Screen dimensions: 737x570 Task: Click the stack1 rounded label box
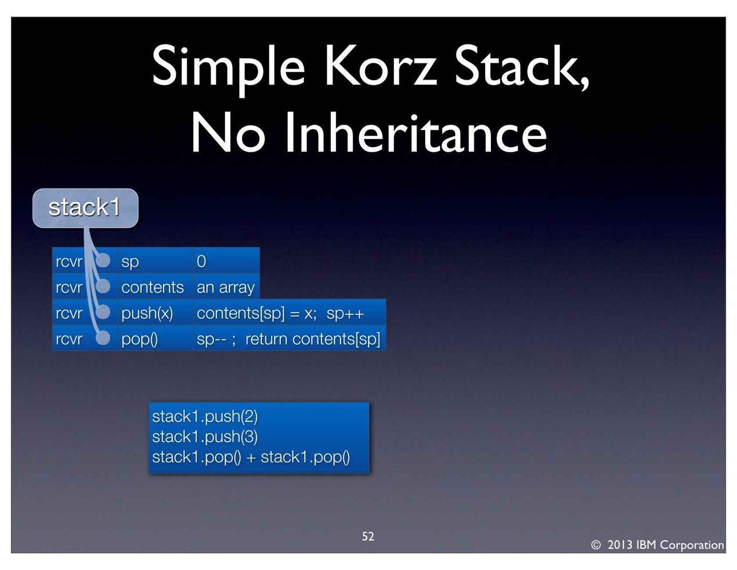tap(85, 208)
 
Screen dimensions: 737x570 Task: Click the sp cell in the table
tap(156, 260)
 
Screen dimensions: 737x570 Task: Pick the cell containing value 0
tap(227, 260)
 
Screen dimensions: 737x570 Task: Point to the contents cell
tap(156, 287)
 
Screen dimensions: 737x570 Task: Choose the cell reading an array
tap(227, 287)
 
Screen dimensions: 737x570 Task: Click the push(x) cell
tap(156, 312)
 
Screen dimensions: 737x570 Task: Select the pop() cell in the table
tap(156, 338)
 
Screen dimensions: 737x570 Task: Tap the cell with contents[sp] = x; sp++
tap(290, 312)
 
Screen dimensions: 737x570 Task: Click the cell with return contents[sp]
tap(290, 338)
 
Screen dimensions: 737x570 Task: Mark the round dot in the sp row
tap(103, 260)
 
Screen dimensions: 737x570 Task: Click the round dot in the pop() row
tap(103, 338)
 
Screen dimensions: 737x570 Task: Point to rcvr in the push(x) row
tap(69, 313)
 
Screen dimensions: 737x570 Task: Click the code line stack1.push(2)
tap(205, 417)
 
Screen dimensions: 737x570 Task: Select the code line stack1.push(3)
tap(205, 437)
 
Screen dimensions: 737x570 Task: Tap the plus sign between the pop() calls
tap(251, 457)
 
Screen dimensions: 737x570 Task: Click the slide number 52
tap(368, 536)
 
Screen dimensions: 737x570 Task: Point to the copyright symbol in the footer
tap(596, 545)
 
